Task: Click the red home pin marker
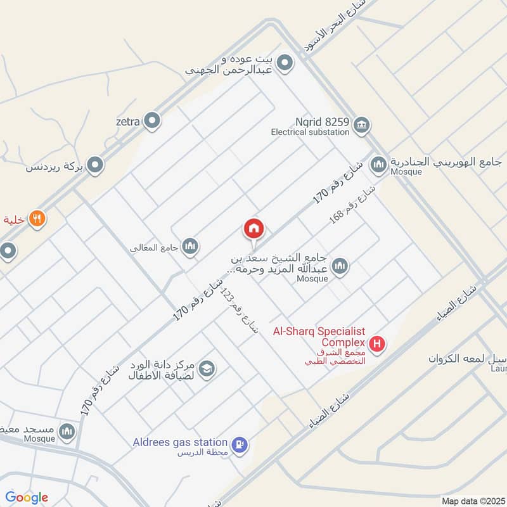tap(254, 229)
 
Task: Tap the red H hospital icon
tap(378, 345)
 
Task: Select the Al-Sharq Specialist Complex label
tap(319, 337)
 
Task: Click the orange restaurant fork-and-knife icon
tap(37, 219)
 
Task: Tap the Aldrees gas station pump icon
tap(240, 446)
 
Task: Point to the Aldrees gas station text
tap(181, 442)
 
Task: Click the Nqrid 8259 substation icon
tap(362, 124)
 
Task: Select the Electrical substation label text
tap(310, 132)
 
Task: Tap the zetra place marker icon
tap(152, 120)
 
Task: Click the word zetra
tap(127, 120)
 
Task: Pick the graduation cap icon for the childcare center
tap(207, 368)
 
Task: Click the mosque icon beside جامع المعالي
tap(190, 247)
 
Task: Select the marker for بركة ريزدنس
tap(95, 166)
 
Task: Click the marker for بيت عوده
tap(285, 63)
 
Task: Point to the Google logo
tap(27, 497)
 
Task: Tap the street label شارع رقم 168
tap(352, 204)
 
